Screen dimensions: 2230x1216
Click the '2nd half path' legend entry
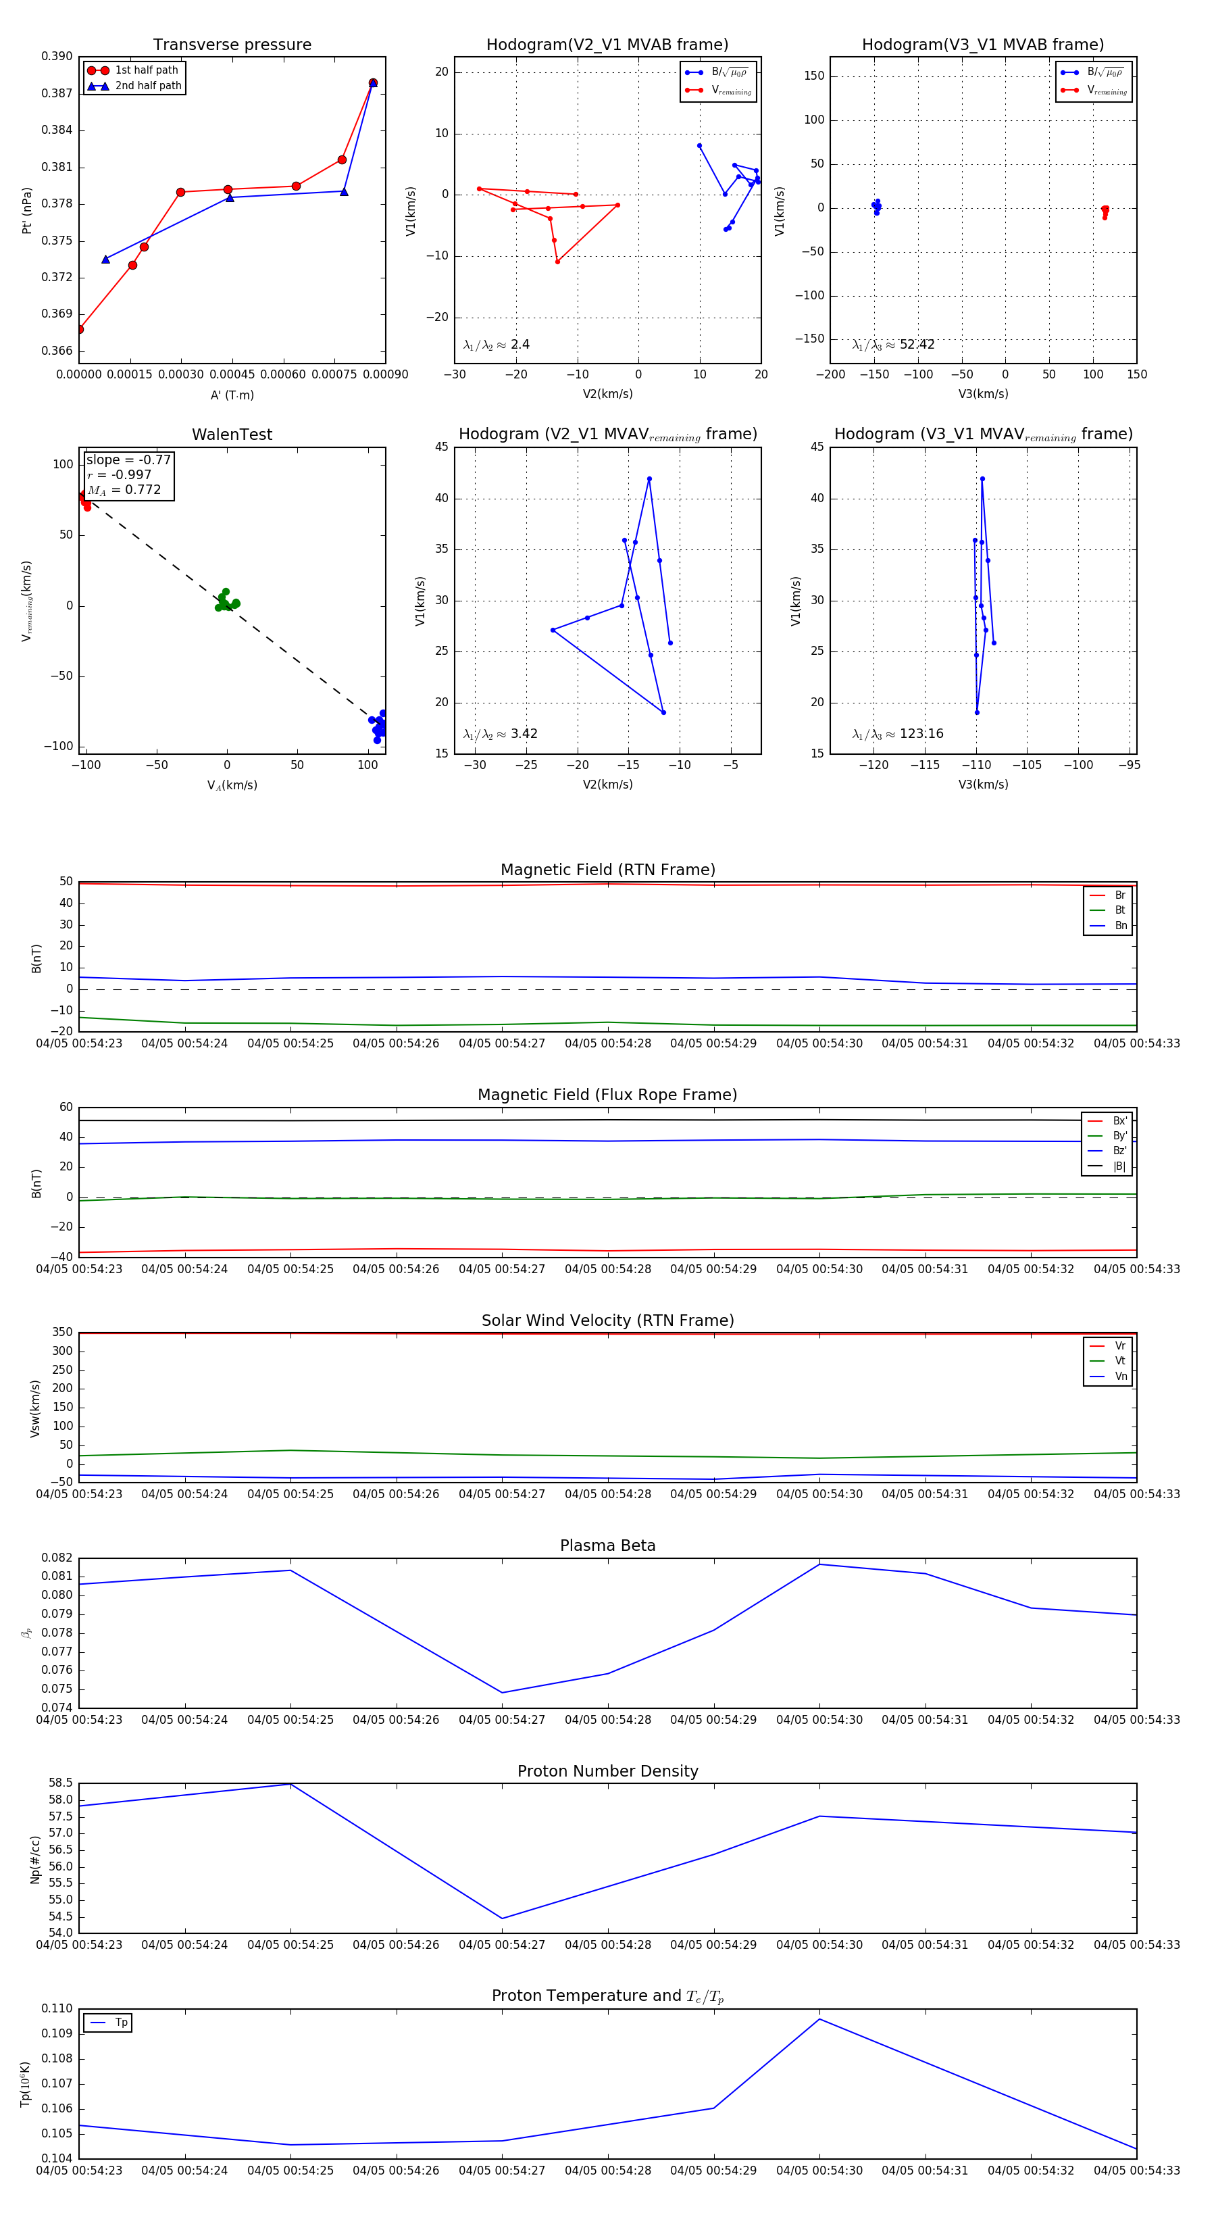[148, 86]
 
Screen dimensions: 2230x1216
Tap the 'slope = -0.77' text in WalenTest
[128, 460]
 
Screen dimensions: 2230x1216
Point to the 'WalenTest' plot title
[232, 435]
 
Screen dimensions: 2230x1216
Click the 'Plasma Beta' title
[607, 1546]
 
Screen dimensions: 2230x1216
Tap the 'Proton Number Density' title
[607, 1771]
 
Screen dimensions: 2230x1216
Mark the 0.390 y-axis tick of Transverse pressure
[57, 56]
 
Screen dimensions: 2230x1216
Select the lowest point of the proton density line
[502, 1918]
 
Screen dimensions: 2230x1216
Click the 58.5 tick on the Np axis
[61, 1783]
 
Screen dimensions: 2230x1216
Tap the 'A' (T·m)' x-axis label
[232, 395]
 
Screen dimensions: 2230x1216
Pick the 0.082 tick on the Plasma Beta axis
[57, 1558]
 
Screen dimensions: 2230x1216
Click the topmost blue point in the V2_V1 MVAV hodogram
[649, 478]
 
